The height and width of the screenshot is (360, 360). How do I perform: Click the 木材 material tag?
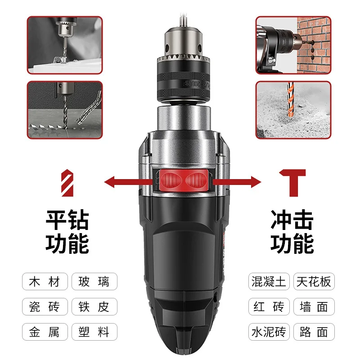45,282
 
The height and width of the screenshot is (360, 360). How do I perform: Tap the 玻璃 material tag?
94,282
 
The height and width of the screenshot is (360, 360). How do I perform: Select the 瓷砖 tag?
45,307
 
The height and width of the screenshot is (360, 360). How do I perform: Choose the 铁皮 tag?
94,307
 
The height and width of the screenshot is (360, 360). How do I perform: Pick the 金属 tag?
45,332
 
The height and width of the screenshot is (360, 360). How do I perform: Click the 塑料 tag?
94,332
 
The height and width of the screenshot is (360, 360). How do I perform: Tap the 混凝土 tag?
268,282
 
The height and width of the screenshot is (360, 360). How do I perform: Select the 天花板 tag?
314,282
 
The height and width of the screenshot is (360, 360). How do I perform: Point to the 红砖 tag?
268,307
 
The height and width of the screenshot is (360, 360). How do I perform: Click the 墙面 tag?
314,307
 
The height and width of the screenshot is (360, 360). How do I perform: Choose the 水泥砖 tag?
268,332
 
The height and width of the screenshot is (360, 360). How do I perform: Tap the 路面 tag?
314,332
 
